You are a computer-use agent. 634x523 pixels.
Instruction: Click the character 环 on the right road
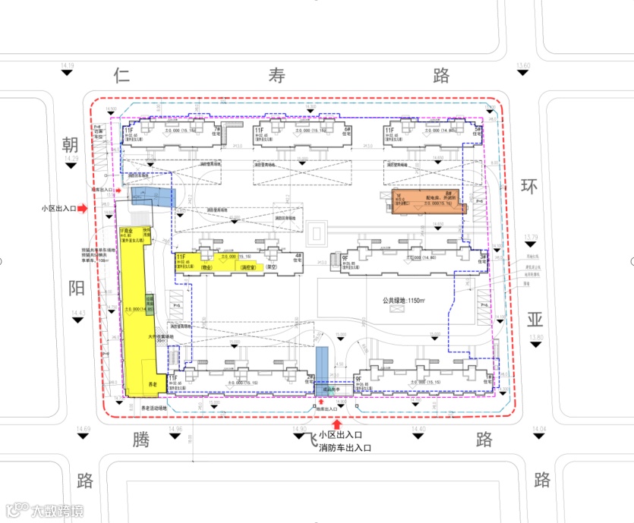tap(530, 186)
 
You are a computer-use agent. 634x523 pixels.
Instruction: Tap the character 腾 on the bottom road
tap(142, 440)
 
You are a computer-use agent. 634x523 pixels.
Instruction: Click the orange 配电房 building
tap(426, 201)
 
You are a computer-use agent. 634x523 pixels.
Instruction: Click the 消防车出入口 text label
tap(345, 449)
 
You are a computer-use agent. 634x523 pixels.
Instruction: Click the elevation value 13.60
tap(522, 67)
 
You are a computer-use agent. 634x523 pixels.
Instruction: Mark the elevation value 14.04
tap(540, 430)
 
